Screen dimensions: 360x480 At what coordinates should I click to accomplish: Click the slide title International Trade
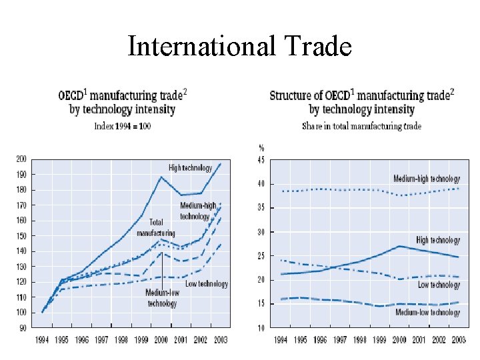[x=239, y=47]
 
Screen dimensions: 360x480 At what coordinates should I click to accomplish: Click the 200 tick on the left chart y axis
[x=21, y=159]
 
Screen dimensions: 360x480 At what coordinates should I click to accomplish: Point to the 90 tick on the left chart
[x=23, y=328]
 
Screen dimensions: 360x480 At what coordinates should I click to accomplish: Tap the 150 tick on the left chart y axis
[x=21, y=236]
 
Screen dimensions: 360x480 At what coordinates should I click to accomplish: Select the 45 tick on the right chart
[x=261, y=159]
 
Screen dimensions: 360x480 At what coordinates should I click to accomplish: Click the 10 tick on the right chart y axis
[x=261, y=328]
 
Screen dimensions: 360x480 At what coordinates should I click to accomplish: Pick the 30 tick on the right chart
[x=261, y=232]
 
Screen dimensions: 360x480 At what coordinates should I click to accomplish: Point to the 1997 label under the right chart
[x=339, y=341]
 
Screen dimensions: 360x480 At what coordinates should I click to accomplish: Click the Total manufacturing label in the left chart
[x=155, y=227]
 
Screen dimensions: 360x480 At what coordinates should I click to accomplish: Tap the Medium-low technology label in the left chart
[x=162, y=299]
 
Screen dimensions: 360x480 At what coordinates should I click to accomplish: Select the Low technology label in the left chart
[x=205, y=284]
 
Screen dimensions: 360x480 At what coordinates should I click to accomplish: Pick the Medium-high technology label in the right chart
[x=427, y=179]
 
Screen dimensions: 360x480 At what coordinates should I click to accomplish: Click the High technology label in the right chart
[x=438, y=240]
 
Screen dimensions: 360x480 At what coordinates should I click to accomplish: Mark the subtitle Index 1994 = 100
[x=122, y=126]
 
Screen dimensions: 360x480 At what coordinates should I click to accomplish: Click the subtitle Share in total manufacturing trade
[x=361, y=126]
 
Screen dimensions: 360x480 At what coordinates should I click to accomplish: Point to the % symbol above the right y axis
[x=261, y=147]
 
